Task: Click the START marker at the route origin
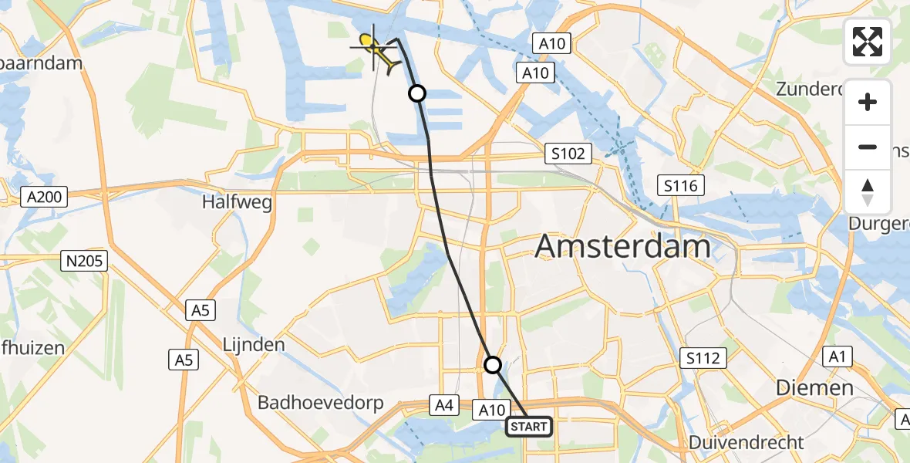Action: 529,427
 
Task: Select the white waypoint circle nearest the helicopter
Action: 416,94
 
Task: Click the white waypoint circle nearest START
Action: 493,364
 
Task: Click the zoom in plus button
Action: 868,103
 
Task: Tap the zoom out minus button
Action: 868,147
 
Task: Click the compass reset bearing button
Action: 868,191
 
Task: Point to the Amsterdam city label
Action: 622,247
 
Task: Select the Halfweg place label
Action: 237,203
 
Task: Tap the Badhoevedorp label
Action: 327,402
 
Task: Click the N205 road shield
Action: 84,261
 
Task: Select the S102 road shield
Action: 568,154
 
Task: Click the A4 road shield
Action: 443,404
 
